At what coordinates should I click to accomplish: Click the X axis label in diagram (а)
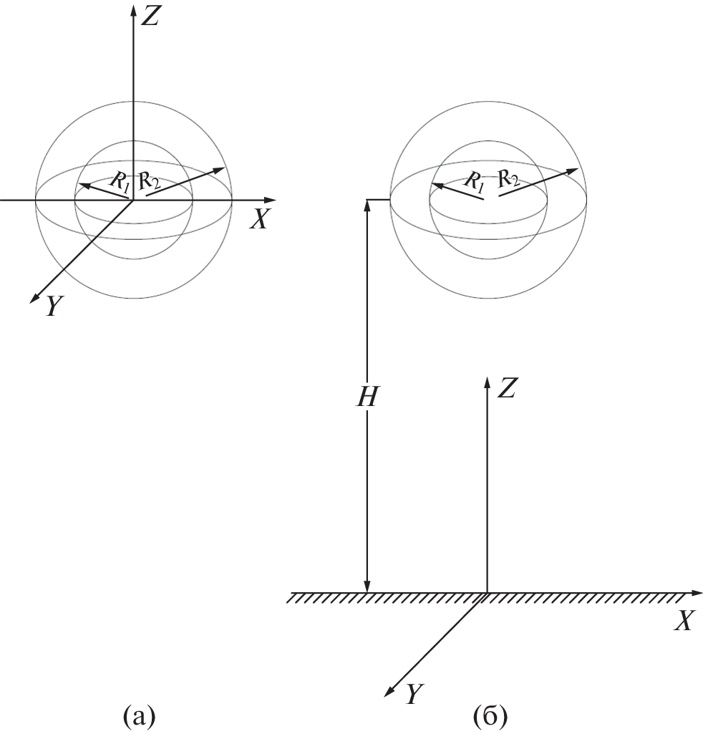[259, 218]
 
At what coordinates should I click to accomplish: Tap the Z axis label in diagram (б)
[506, 388]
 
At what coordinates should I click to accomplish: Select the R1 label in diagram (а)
[119, 182]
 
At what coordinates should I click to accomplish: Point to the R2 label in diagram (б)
[508, 178]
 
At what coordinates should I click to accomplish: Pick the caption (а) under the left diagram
[139, 716]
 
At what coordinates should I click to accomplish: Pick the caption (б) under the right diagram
[490, 716]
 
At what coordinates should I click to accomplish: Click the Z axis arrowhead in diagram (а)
[134, 10]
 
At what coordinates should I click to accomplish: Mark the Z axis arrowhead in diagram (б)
[488, 382]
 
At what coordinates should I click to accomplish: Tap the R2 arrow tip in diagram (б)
[573, 171]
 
